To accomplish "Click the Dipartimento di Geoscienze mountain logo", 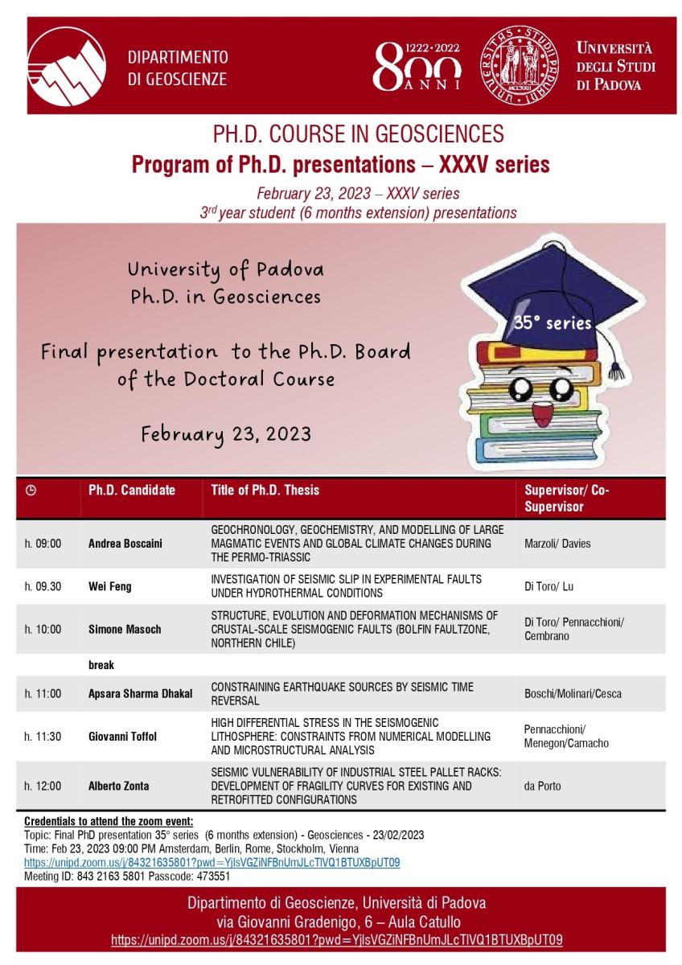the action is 67,66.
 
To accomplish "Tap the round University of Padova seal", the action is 520,65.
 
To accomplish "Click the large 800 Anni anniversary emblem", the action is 417,66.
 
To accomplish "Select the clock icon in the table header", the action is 31,490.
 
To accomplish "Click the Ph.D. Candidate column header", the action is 132,490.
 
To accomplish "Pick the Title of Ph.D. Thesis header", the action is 265,490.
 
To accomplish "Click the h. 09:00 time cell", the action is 43,544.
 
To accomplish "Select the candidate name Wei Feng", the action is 110,586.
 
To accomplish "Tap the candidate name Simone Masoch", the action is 125,629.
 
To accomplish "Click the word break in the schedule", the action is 101,665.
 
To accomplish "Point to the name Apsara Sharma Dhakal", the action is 141,693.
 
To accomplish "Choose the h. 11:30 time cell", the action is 43,737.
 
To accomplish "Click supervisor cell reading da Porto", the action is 542,786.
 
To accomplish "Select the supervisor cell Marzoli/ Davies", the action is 557,544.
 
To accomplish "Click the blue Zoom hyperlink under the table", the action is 212,862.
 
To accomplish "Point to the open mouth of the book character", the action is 542,413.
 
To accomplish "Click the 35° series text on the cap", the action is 552,322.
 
